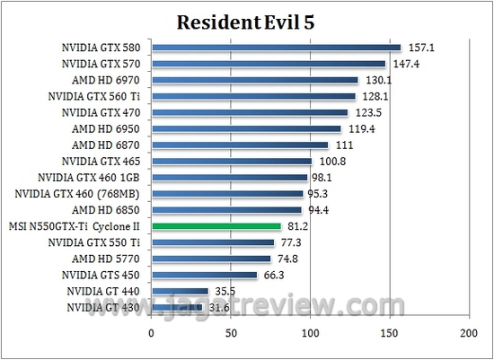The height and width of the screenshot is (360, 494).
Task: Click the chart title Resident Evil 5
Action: [246, 20]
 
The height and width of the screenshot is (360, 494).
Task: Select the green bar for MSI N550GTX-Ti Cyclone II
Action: [216, 226]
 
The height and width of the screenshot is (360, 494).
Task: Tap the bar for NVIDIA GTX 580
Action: [276, 48]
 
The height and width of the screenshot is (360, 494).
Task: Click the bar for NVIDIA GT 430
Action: [176, 307]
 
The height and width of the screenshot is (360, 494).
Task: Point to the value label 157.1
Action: [420, 48]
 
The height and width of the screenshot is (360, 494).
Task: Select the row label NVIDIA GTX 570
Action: [100, 64]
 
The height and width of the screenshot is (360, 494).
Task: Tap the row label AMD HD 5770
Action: [106, 259]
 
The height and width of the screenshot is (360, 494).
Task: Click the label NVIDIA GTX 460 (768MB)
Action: [78, 194]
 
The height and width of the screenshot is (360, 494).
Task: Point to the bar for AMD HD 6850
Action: [226, 210]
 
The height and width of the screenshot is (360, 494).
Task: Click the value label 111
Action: [343, 145]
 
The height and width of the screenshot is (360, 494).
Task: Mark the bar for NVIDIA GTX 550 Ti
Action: [212, 242]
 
